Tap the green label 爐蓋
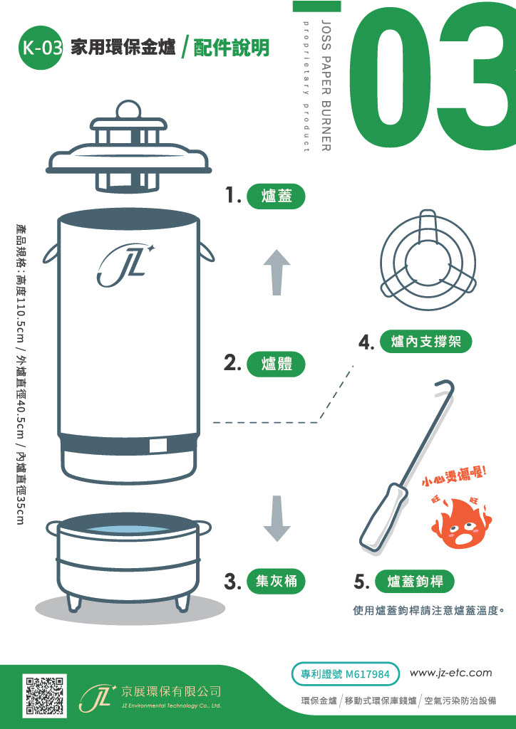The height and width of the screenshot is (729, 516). (x=276, y=196)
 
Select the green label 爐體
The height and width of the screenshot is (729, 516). (x=276, y=364)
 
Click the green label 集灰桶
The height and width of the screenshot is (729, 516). (x=276, y=581)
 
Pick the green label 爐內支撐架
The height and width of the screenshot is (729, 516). (x=425, y=342)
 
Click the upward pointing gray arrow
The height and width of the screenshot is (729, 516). (x=277, y=271)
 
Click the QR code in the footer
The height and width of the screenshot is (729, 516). (x=46, y=694)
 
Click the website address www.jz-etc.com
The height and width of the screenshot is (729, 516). (x=450, y=673)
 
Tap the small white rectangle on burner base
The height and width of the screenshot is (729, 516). (x=158, y=446)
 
